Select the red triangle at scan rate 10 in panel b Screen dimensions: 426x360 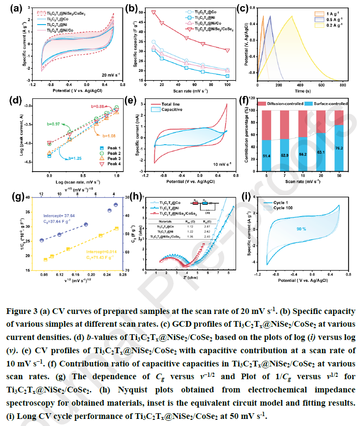(154, 12)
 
